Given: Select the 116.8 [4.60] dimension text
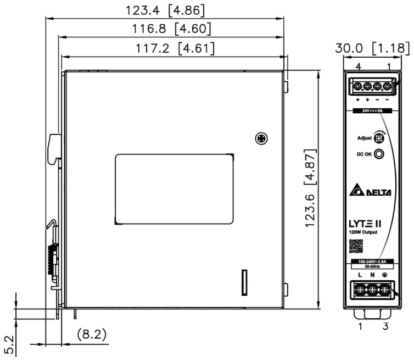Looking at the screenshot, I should tap(164, 29).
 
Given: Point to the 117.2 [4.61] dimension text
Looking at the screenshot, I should tap(175, 48).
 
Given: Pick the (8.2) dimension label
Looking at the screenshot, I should tap(91, 334).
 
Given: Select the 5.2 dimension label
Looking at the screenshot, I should tap(9, 345).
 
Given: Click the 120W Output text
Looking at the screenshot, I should tap(362, 232).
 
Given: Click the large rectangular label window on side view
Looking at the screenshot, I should tap(174, 189).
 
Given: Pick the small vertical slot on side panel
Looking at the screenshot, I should tap(245, 282).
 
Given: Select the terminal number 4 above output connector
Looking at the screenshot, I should tap(358, 67).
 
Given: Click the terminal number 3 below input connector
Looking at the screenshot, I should tap(386, 327).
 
